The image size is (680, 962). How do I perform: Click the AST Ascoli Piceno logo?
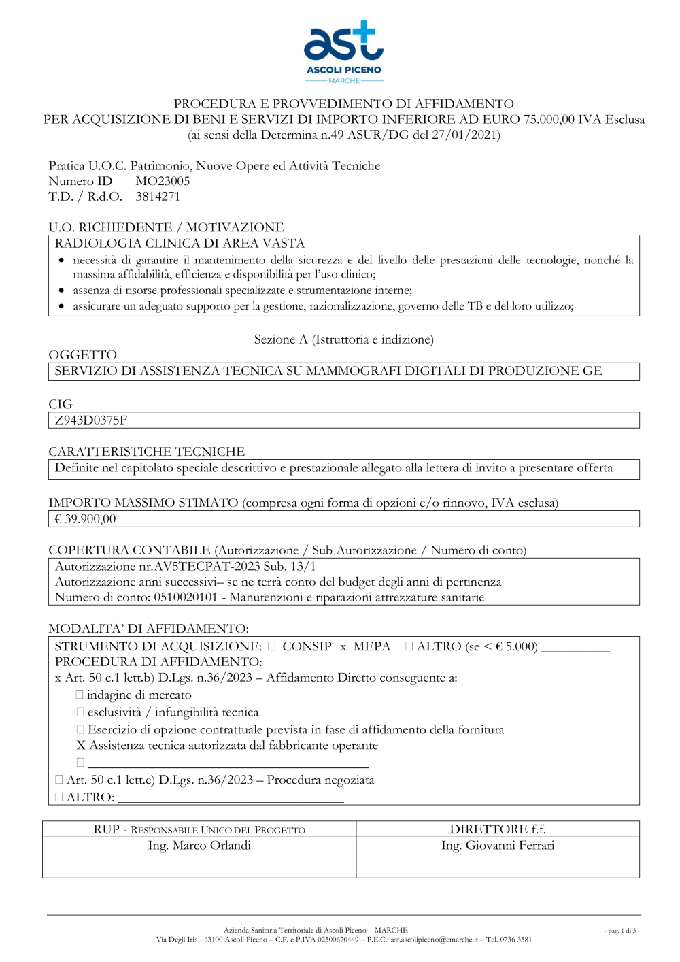[343, 52]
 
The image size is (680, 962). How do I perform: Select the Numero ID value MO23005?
[163, 181]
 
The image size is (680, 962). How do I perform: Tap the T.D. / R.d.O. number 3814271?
[158, 197]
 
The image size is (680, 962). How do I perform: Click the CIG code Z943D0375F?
[91, 420]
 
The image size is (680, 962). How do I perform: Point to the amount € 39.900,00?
[85, 519]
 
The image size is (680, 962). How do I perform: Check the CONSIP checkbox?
[272, 646]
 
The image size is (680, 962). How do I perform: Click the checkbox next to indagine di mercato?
[80, 695]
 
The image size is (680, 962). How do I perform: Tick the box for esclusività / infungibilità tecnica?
[80, 712]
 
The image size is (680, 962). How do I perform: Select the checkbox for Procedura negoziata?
[59, 780]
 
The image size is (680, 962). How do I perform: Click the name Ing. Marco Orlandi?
[199, 846]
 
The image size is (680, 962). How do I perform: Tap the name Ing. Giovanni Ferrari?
[498, 846]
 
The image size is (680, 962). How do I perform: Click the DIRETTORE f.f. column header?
[498, 829]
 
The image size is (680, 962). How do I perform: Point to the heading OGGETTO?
[83, 355]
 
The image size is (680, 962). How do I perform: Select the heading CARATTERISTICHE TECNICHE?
[146, 452]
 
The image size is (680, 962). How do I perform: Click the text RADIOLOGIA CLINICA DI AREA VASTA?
[180, 244]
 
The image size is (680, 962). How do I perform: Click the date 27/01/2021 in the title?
[464, 135]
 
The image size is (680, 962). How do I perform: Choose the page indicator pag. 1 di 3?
[622, 931]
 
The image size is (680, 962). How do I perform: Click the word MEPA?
[372, 646]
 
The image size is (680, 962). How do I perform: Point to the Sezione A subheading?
[343, 339]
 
